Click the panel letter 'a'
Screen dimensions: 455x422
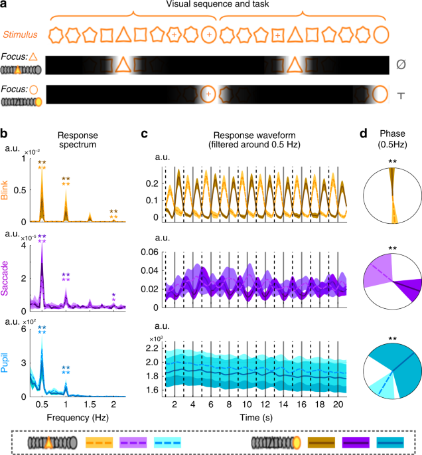coord(5,6)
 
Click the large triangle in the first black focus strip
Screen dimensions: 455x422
coord(121,65)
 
